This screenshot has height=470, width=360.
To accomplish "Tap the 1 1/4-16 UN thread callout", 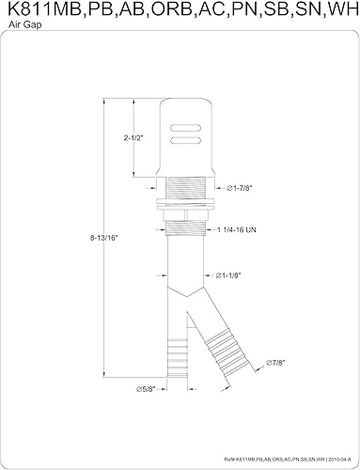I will [245, 228].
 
